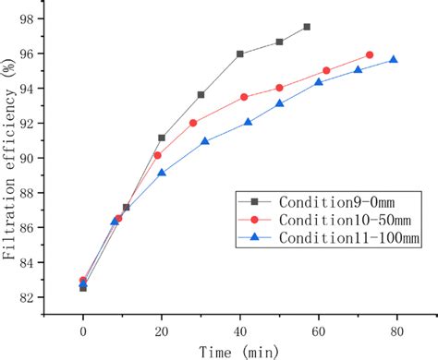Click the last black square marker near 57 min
(x=307, y=27)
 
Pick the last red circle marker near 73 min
(x=370, y=54)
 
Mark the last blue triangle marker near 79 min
(x=394, y=60)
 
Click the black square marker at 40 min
(x=240, y=54)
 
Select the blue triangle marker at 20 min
(x=162, y=173)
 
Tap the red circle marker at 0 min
(x=83, y=281)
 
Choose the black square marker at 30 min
(x=201, y=94)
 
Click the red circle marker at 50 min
(x=279, y=88)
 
